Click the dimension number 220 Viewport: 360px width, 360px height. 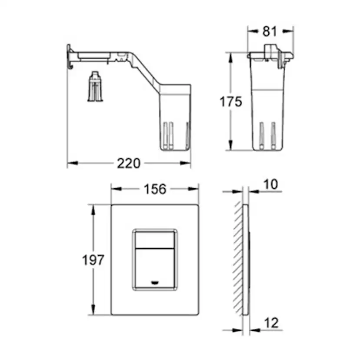pyautogui.click(x=129, y=163)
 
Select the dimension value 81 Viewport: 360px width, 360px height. pyautogui.click(x=270, y=31)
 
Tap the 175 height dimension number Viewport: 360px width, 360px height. pyautogui.click(x=231, y=101)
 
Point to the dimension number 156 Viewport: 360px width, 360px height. pyautogui.click(x=155, y=189)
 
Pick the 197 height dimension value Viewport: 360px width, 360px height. pyautogui.click(x=93, y=260)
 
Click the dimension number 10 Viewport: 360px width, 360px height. pyautogui.click(x=271, y=184)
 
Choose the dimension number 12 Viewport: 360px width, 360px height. pyautogui.click(x=271, y=323)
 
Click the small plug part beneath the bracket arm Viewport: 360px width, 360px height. pyautogui.click(x=95, y=87)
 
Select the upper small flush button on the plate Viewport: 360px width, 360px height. pyautogui.click(x=154, y=240)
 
